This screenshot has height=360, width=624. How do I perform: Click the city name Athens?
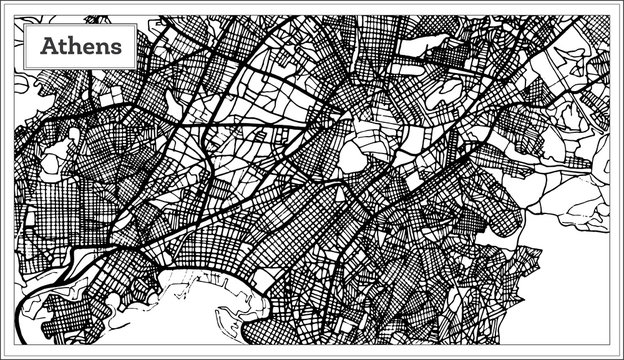82,46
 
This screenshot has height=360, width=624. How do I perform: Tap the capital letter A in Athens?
47,46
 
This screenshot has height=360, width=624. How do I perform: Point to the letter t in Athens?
62,46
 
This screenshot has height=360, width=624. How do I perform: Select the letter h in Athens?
75,46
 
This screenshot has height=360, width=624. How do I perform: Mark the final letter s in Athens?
118,47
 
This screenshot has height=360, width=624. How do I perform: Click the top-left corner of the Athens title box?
24,26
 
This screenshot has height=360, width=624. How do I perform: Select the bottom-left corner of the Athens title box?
24,68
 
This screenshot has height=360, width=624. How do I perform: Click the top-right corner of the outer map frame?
612,13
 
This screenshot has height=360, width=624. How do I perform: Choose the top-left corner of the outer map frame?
12,13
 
